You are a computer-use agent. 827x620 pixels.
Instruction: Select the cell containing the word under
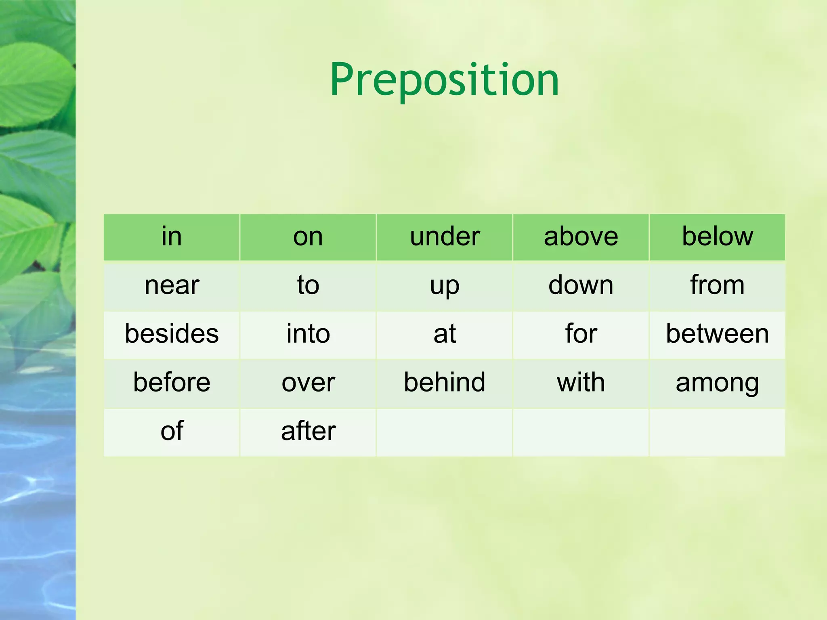(x=445, y=237)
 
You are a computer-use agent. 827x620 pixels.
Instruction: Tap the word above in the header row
(x=581, y=237)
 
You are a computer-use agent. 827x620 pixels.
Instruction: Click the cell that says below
(x=717, y=237)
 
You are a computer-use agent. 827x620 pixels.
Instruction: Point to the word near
(x=172, y=285)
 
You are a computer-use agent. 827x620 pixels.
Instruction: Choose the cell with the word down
(x=581, y=285)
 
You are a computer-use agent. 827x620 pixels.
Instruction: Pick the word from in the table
(x=717, y=285)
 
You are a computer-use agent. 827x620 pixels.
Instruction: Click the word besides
(x=172, y=334)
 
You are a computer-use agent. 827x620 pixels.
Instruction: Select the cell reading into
(x=308, y=334)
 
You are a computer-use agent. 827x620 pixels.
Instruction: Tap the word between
(x=717, y=334)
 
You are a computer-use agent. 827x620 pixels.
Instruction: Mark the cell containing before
(x=172, y=383)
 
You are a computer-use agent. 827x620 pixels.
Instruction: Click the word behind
(x=445, y=383)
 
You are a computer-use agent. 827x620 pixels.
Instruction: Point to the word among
(x=717, y=383)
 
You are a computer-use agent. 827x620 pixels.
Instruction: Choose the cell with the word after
(x=308, y=431)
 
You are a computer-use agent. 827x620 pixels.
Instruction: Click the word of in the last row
(x=172, y=431)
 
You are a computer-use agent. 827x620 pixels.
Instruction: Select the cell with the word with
(x=581, y=383)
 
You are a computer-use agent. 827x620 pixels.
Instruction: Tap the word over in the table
(x=308, y=383)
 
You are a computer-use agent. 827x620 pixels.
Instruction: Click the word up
(x=445, y=285)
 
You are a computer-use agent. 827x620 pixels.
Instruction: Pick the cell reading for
(x=581, y=334)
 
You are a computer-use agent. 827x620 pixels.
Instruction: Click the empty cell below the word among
(x=717, y=432)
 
